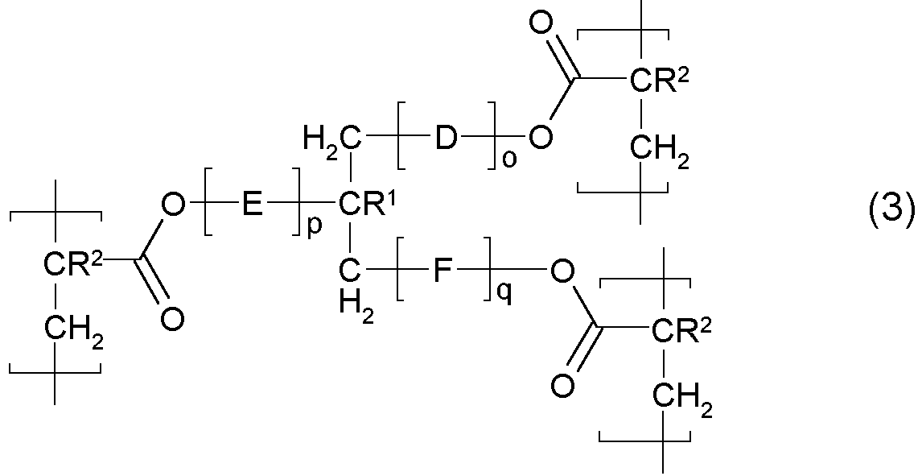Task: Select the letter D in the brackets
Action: (x=445, y=139)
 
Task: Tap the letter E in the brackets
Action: (x=250, y=206)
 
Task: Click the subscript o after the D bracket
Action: (x=508, y=159)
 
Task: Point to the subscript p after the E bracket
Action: (x=314, y=226)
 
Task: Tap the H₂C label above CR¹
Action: (x=331, y=139)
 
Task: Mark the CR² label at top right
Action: (x=659, y=81)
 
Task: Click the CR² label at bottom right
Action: (x=681, y=329)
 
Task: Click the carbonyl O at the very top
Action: (x=541, y=23)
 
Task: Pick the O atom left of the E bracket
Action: (x=171, y=206)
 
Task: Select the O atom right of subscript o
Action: (x=541, y=139)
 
